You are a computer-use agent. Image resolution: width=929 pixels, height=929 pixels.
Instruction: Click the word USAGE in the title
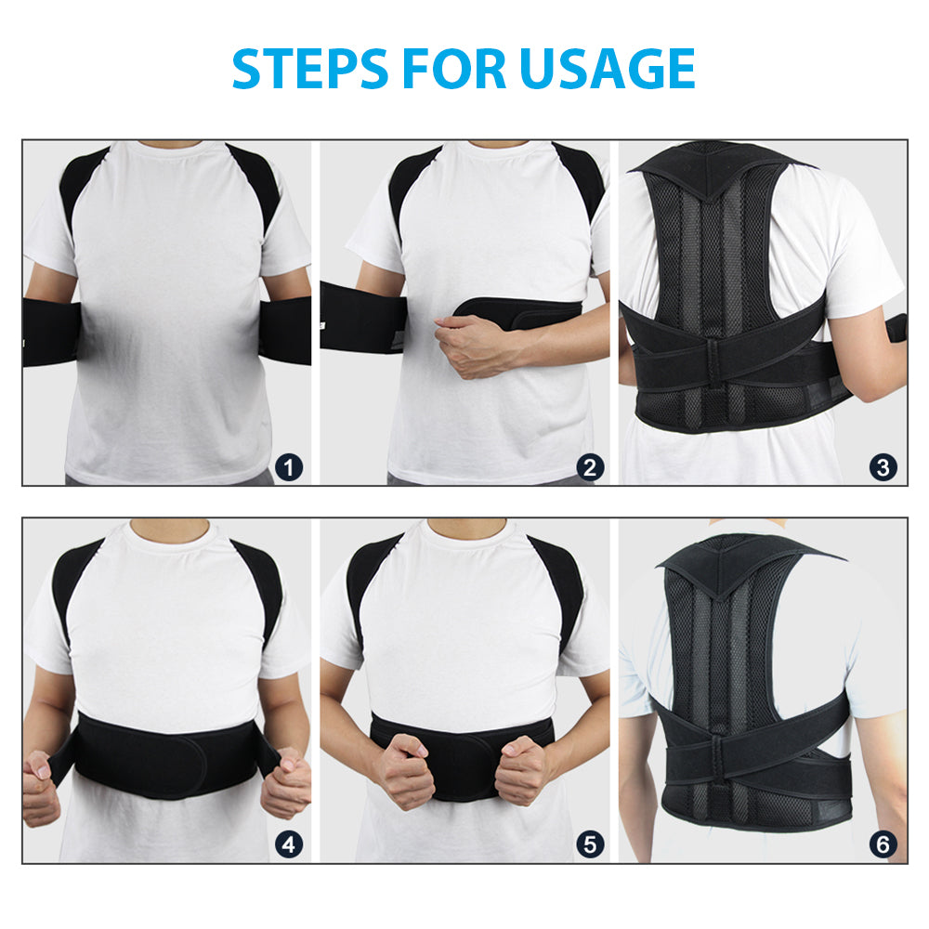coord(607,68)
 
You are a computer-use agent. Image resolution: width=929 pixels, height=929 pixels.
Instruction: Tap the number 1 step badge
coord(290,467)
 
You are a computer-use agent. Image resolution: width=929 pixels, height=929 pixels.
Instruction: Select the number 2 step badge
coord(590,467)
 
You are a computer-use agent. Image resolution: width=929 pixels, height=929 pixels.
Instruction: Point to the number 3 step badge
coord(883,467)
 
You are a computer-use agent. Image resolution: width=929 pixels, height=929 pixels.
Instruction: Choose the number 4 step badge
coord(290,844)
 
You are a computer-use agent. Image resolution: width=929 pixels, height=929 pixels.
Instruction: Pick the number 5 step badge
coord(590,844)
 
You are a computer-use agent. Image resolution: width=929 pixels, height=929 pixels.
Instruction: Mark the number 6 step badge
coord(883,844)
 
